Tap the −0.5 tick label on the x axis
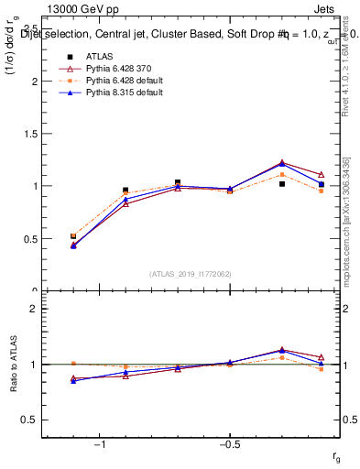[229, 444]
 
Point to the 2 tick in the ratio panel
[34, 309]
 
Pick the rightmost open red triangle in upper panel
[321, 175]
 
